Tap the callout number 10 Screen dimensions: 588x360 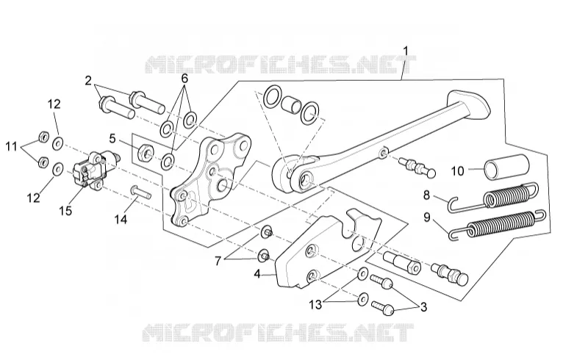(457, 171)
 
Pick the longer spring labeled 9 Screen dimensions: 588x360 (497, 224)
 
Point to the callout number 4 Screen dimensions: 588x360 (257, 274)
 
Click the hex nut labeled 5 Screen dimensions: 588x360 (145, 152)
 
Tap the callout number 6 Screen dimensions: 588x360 (184, 79)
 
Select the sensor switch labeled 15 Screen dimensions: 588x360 (94, 169)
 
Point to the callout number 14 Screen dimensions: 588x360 (121, 219)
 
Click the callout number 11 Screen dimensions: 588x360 (11, 146)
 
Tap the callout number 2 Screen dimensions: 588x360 (88, 80)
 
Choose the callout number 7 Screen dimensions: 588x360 (218, 261)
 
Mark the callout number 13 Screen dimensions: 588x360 (316, 304)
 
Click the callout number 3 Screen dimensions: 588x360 (424, 308)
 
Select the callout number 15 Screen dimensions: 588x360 (65, 211)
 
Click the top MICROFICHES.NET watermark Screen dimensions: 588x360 (281, 65)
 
